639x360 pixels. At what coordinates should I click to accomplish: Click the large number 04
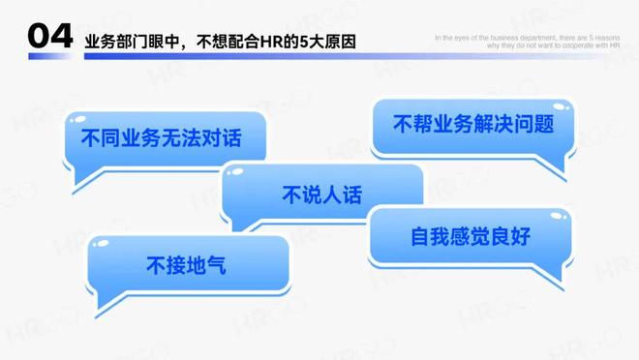[48, 37]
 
